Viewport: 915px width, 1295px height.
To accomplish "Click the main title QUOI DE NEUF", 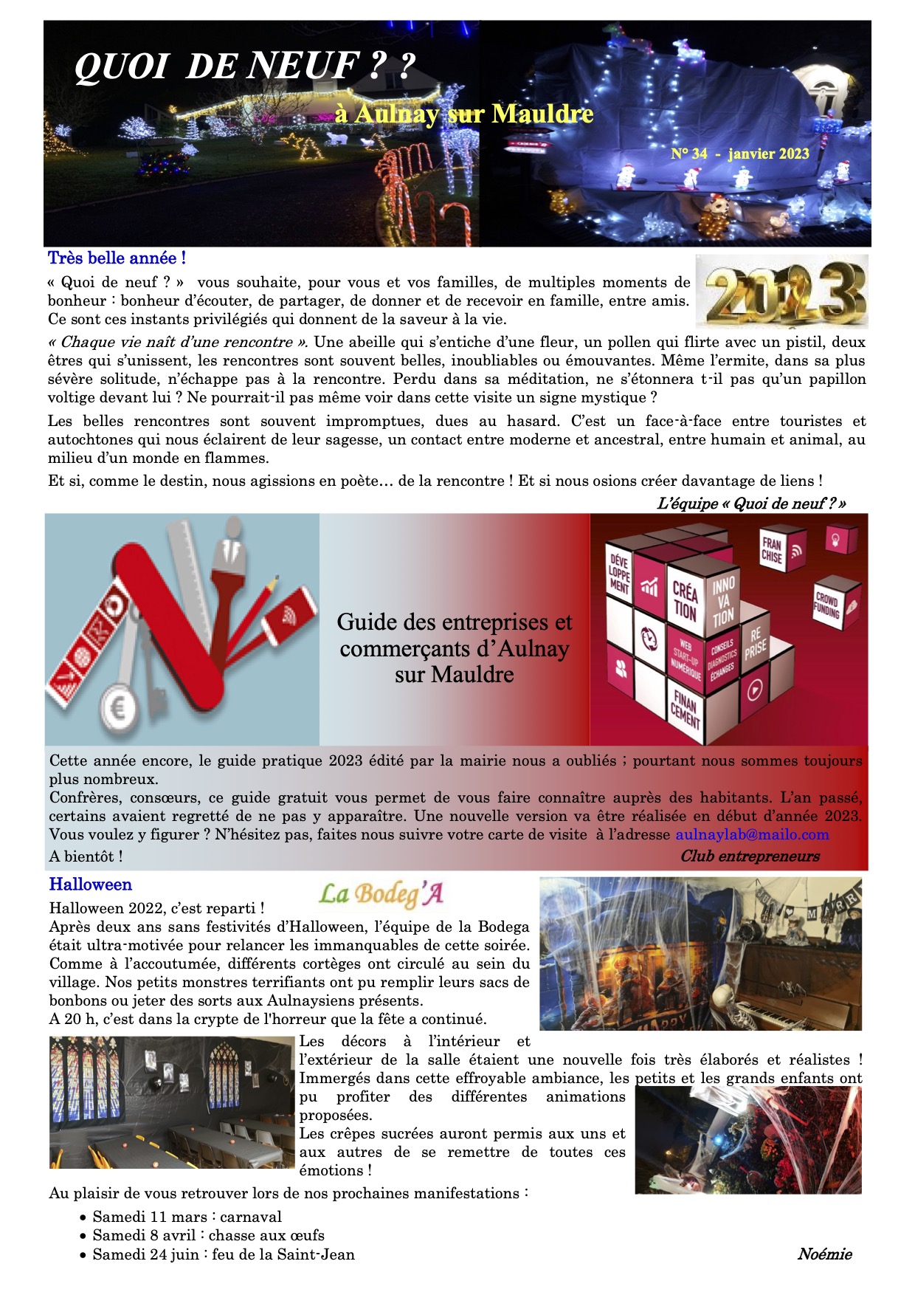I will coord(244,66).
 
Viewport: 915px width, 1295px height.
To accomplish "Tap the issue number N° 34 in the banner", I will coord(689,154).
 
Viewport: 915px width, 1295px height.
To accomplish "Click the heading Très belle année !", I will coord(117,258).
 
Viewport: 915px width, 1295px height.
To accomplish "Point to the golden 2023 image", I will coord(781,291).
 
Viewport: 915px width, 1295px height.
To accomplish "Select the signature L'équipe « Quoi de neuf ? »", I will coord(750,504).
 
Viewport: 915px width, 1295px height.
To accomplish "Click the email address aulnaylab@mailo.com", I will coord(752,835).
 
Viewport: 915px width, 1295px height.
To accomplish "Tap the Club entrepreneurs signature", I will coord(750,856).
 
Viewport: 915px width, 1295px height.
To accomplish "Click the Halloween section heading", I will coord(91,884).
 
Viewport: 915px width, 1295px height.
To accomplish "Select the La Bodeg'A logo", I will coord(381,894).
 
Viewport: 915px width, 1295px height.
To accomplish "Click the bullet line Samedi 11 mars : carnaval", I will coord(187,1217).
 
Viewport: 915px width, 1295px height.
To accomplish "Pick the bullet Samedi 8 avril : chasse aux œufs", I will coord(208,1235).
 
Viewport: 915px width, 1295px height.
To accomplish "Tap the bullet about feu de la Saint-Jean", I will coord(223,1254).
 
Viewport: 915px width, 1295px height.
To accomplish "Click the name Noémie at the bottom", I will coord(824,1254).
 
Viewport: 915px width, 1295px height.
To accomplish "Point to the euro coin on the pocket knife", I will coord(117,710).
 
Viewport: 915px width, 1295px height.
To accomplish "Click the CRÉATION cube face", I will coord(685,600).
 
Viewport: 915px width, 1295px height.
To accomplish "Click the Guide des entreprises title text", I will coord(454,648).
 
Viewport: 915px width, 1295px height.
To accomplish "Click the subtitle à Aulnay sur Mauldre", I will coord(463,114).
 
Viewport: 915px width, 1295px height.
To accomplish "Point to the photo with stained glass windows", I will coord(172,1102).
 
